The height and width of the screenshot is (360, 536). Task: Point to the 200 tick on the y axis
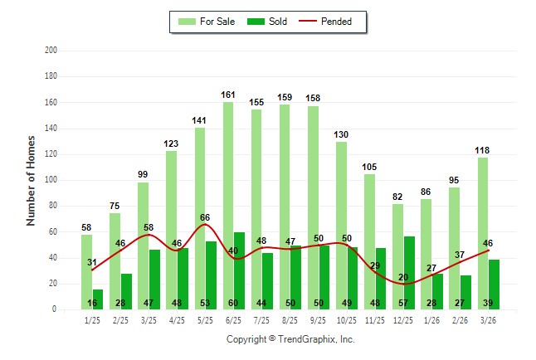51,51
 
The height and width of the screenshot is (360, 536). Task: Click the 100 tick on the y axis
51,180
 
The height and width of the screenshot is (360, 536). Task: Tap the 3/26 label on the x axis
489,319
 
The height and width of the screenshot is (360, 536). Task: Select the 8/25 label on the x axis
290,319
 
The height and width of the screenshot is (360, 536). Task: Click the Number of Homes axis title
31,180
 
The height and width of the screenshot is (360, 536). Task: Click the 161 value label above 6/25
228,95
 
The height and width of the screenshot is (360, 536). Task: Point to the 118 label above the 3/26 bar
483,150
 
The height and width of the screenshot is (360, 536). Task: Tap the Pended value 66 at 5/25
205,216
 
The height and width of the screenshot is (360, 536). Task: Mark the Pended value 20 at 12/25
403,277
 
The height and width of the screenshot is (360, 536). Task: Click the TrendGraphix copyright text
290,339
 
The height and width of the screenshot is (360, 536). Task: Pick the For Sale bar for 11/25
369,241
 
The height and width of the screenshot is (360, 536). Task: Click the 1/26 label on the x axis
432,319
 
